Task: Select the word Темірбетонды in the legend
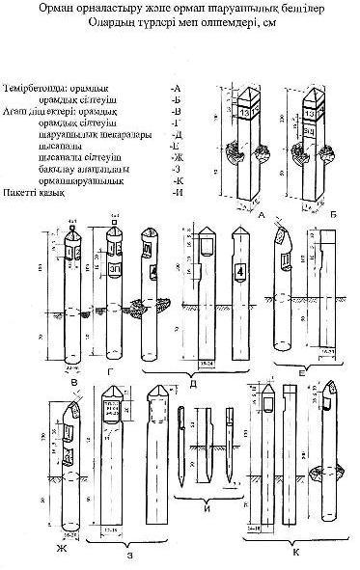(36, 86)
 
